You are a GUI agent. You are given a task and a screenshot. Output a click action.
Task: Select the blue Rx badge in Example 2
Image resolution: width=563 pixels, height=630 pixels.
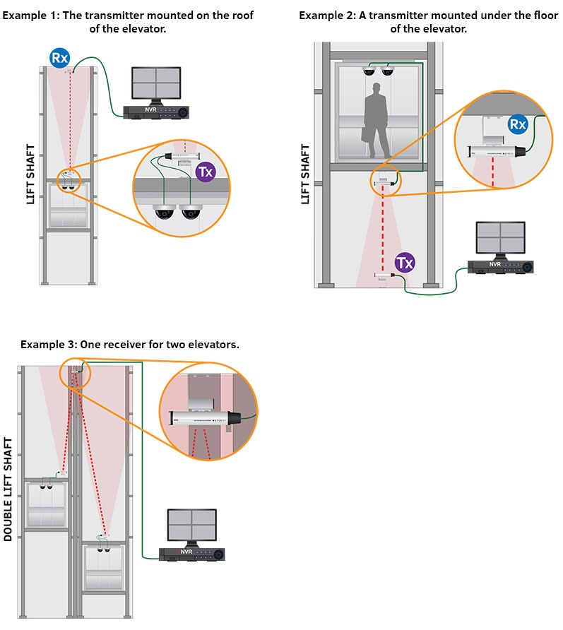518,125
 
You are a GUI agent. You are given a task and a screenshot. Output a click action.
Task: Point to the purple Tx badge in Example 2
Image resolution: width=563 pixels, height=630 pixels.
405,263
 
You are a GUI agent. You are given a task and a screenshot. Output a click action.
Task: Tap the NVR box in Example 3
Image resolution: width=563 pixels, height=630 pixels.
189,554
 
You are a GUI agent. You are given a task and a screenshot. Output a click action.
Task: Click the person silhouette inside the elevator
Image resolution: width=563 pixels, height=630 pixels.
377,122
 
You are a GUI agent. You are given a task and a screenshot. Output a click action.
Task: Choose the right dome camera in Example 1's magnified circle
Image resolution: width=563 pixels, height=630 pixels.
190,211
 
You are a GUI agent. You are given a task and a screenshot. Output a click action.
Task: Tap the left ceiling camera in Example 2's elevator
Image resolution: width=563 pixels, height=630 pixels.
369,71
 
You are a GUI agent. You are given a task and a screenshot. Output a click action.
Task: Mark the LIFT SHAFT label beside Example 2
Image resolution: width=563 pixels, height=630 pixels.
306,174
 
